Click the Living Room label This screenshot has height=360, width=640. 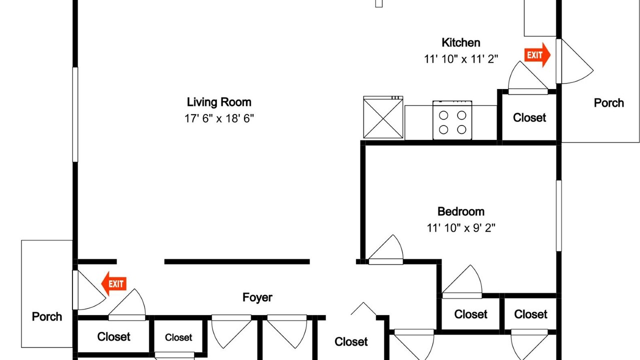point(219,102)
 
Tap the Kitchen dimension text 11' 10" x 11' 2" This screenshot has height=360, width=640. point(461,59)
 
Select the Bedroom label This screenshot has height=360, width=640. point(461,211)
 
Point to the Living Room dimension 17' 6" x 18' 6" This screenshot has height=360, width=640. point(219,118)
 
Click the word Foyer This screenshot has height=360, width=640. point(257,297)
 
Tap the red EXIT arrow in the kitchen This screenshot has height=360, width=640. point(537,55)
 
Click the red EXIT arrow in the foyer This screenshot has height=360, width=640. point(114,283)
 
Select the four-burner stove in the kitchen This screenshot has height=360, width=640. point(452,120)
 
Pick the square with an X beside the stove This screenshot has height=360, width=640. point(383,117)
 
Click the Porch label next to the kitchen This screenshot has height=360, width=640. point(608,103)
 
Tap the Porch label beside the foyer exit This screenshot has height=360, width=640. point(47,316)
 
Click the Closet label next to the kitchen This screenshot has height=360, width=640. point(529,117)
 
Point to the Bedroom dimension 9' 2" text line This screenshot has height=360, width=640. point(461,228)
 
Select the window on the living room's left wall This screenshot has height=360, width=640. point(75,114)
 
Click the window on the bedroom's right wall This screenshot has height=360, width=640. point(559,215)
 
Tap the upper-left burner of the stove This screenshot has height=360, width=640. point(443,115)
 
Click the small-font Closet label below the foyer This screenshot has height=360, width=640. point(178,337)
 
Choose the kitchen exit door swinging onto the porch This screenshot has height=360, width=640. point(574,61)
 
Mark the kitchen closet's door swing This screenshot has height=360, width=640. point(528,77)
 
